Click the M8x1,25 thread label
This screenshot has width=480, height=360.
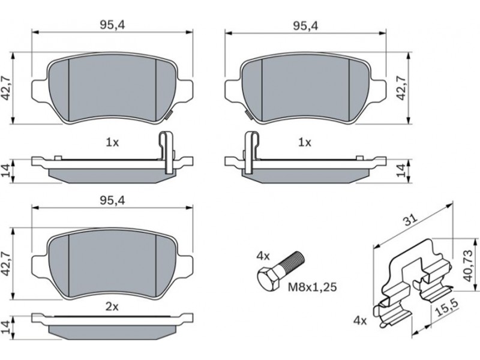coord(312,287)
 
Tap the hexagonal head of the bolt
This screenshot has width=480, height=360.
coord(268,278)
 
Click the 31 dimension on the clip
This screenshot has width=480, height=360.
coord(410,220)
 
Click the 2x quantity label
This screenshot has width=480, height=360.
coord(112,307)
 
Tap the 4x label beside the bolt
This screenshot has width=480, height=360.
coord(263,256)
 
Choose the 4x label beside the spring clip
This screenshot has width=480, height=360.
coord(360,321)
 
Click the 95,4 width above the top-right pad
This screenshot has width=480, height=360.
coord(305,26)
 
